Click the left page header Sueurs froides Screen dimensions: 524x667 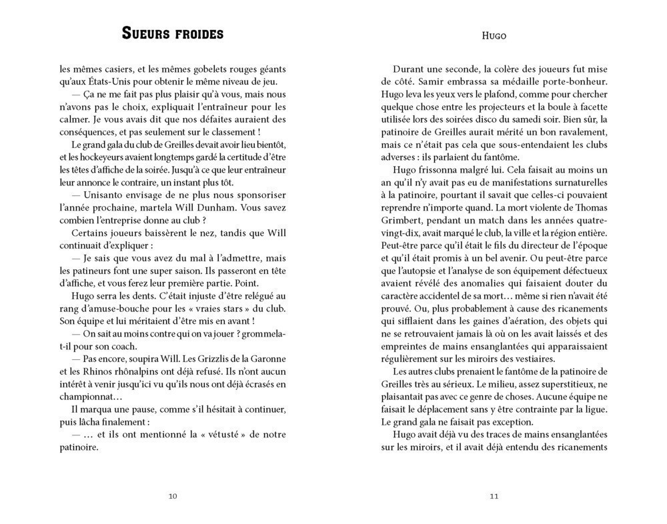(173, 34)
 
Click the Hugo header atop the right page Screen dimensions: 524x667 (494, 35)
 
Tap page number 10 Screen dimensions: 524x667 (173, 496)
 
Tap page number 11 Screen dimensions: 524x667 (494, 496)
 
